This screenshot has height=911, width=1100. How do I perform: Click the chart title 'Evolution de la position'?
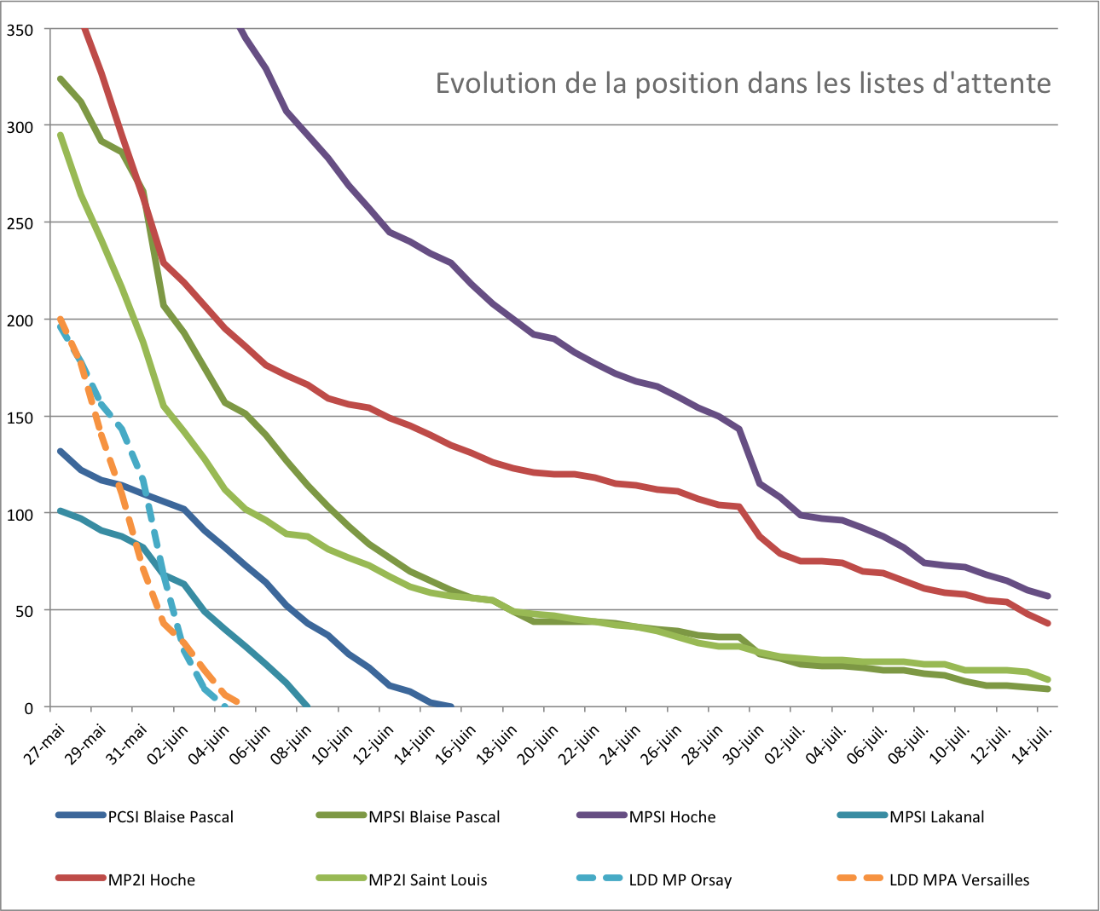point(743,84)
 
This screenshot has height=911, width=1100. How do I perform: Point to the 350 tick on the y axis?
point(20,30)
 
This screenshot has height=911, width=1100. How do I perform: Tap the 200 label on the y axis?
point(20,320)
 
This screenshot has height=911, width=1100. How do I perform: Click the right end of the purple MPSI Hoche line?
point(1048,596)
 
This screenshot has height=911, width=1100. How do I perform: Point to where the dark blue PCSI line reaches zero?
point(450,706)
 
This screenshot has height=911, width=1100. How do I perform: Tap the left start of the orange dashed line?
point(60,320)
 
